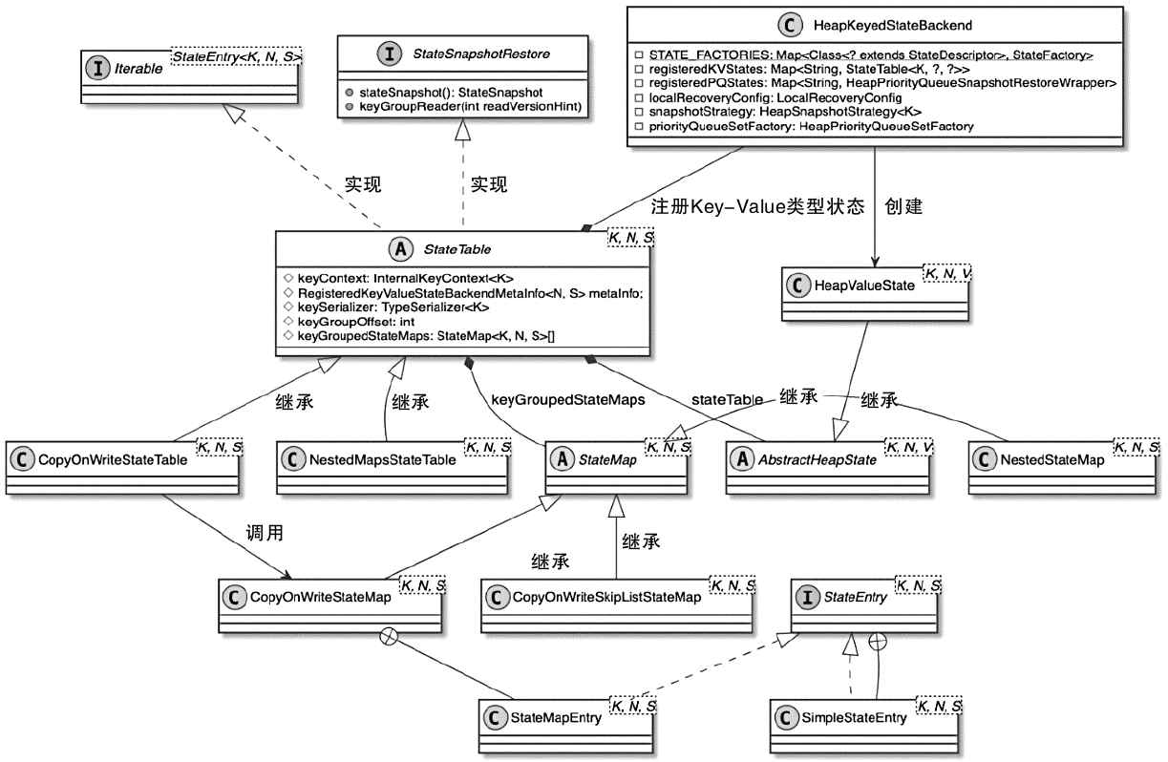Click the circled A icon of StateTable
tap(401, 250)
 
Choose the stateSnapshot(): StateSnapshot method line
tap(452, 93)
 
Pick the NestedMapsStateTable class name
tap(383, 458)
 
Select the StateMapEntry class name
tap(556, 718)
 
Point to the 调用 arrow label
tap(265, 533)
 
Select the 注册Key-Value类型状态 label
tap(758, 206)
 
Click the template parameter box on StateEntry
tap(918, 584)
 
